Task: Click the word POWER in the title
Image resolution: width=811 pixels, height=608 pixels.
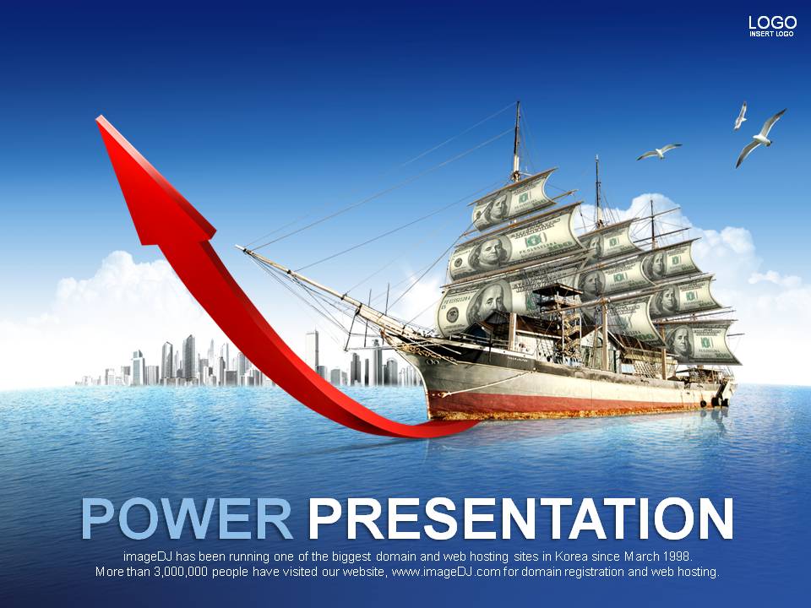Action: [x=187, y=518]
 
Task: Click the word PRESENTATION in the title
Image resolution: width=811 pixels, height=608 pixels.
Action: [x=520, y=518]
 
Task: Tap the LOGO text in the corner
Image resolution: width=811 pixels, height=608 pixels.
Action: [x=773, y=23]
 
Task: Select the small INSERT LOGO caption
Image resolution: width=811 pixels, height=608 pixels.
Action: [x=771, y=34]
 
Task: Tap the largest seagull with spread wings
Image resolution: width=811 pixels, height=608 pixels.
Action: [x=760, y=138]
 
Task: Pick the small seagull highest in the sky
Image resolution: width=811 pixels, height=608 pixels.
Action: [x=741, y=115]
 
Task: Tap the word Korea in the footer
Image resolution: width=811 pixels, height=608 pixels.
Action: [x=569, y=556]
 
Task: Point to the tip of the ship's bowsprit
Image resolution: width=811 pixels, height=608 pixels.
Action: [x=238, y=247]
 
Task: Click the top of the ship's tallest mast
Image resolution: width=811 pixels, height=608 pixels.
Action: [x=518, y=103]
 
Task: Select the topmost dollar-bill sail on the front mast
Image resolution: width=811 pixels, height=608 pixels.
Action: [x=515, y=199]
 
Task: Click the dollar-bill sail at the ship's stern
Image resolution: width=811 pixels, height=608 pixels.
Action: [x=701, y=342]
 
